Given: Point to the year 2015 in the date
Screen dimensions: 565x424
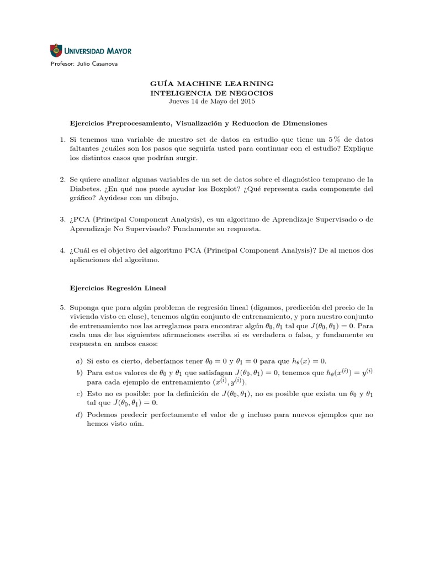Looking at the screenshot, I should [x=248, y=102].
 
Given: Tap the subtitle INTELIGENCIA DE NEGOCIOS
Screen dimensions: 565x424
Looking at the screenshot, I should [x=212, y=93].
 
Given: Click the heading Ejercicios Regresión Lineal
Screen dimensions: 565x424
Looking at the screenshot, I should [x=118, y=289].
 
